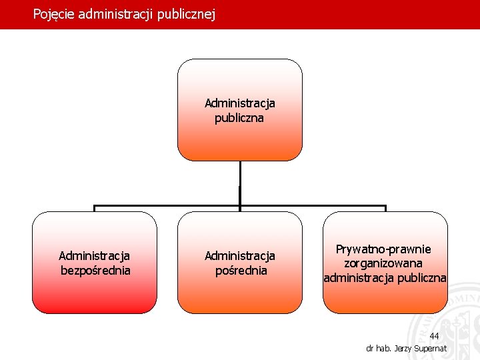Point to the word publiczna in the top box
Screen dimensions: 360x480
click(x=239, y=118)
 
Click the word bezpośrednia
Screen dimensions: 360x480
click(x=95, y=271)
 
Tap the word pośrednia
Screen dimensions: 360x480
click(x=239, y=271)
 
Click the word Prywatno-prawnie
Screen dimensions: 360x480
click(x=383, y=249)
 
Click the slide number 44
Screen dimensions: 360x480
click(x=434, y=336)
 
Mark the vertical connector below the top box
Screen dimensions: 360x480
click(x=239, y=183)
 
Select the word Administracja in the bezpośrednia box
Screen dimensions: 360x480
click(x=95, y=255)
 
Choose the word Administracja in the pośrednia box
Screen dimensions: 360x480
click(x=239, y=256)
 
